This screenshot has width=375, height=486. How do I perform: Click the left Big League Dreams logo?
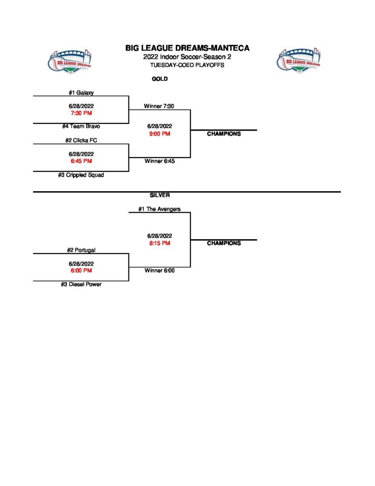(71, 60)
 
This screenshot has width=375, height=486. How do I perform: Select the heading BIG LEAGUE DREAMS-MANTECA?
(187, 48)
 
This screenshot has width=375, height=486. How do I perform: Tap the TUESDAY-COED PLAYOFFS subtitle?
(187, 65)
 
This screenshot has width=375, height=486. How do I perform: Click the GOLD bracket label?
(160, 79)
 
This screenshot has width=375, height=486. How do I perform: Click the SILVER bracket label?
(160, 195)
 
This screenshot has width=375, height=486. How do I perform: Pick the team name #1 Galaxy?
(81, 93)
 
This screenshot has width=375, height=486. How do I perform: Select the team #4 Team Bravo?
(81, 126)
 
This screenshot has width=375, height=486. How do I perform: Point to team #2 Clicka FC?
(81, 140)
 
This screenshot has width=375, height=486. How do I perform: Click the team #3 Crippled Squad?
(81, 175)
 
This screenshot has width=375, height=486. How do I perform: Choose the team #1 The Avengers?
(159, 209)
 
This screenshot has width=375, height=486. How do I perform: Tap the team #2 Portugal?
(81, 250)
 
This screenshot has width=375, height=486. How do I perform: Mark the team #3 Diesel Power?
(81, 284)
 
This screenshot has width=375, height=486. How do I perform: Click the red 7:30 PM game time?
(81, 113)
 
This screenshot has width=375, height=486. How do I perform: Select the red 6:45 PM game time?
(81, 161)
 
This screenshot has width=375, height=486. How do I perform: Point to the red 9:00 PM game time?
(159, 134)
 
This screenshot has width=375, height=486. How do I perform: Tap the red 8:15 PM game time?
(159, 243)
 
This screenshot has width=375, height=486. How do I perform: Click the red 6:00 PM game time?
(81, 271)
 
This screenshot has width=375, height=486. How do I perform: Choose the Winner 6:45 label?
(159, 161)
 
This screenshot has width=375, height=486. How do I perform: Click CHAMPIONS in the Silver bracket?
(224, 243)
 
